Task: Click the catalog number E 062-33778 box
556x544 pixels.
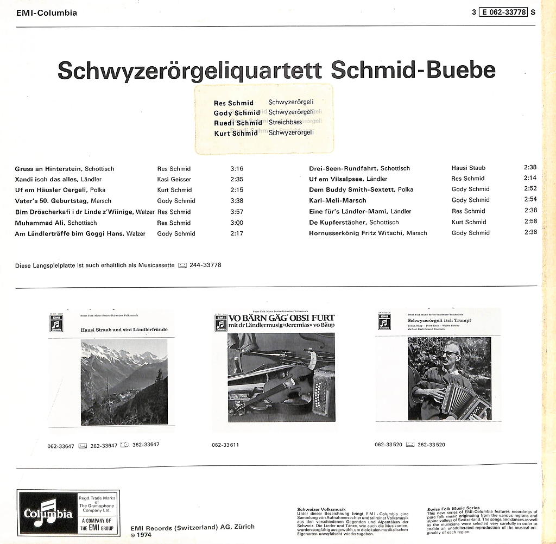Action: pos(503,12)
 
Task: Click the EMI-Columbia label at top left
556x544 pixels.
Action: pos(47,12)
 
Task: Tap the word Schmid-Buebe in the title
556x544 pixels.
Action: pos(413,71)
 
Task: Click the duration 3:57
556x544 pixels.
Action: pos(237,212)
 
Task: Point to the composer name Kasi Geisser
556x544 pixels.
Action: pos(174,179)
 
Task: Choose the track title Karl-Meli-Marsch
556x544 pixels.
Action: pos(338,200)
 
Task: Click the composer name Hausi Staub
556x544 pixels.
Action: pos(468,168)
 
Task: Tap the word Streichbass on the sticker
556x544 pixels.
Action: pos(285,123)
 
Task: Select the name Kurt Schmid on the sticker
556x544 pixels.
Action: pos(236,133)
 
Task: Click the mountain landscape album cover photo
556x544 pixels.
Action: pos(124,382)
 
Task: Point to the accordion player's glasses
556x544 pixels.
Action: pos(450,353)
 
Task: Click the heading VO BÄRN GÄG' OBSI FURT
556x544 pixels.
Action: pos(281,318)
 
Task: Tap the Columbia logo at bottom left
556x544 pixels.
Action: pos(48,514)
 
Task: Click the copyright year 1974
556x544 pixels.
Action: pos(143,535)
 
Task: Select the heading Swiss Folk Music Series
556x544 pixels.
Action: pos(453,509)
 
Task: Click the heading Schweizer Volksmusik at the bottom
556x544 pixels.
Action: pos(321,509)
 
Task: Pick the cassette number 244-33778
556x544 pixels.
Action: pos(205,265)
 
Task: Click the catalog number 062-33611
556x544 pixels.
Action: pos(225,445)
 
